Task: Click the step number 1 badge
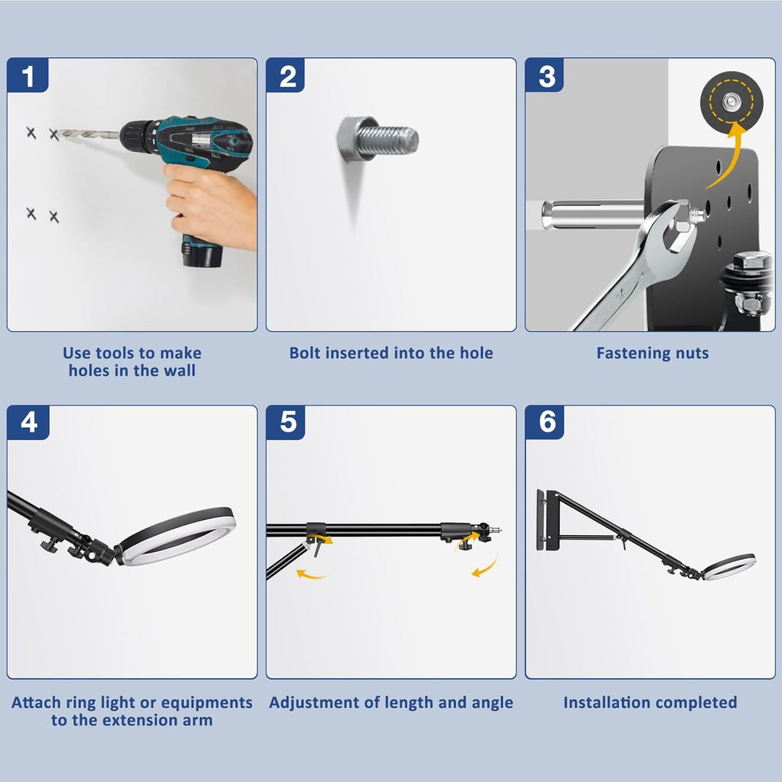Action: click(x=28, y=75)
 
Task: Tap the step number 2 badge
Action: click(x=286, y=75)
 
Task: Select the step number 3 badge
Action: click(x=545, y=75)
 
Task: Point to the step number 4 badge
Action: click(x=28, y=422)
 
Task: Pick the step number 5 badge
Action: click(x=286, y=422)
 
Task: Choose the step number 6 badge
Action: click(x=545, y=422)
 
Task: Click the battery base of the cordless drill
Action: click(x=201, y=252)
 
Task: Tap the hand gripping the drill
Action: click(x=209, y=204)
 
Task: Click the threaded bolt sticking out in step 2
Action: click(x=377, y=140)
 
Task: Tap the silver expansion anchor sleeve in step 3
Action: click(x=594, y=214)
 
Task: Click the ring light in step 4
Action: click(x=177, y=536)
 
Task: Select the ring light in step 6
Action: click(x=728, y=566)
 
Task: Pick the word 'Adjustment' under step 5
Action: click(x=314, y=702)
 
